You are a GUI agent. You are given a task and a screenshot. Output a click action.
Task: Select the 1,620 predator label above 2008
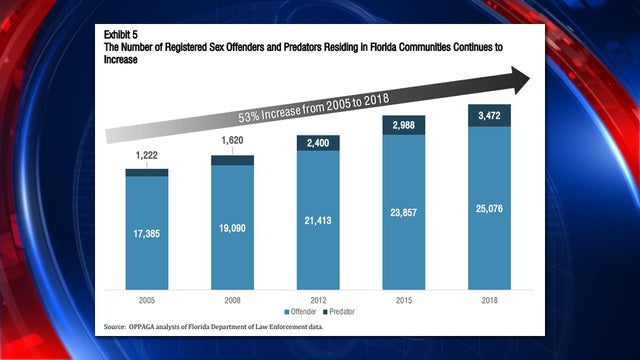(x=231, y=142)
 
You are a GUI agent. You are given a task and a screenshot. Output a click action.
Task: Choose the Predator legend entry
(x=342, y=314)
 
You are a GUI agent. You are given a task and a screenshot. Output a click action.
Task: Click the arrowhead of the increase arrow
(x=519, y=80)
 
